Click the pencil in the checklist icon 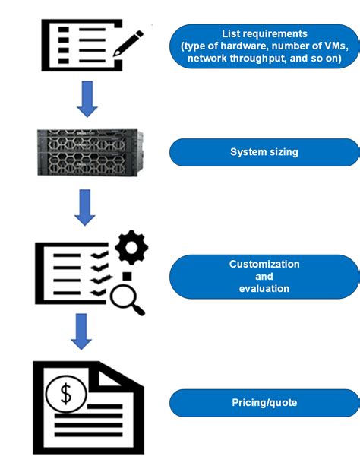coord(128,42)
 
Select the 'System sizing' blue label coord(264,152)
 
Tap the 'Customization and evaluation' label coord(264,276)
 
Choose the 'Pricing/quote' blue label coord(264,402)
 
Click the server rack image coord(88,154)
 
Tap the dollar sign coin coord(66,394)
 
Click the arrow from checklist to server coord(88,100)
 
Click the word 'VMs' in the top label coord(333,46)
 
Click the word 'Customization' coord(264,264)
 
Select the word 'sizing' coord(285,152)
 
